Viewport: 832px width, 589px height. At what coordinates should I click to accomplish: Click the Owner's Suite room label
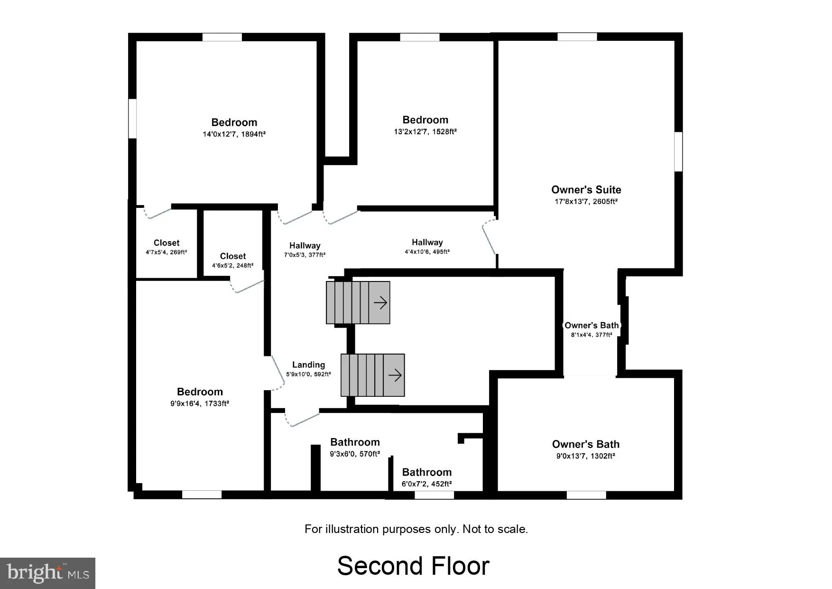(x=586, y=190)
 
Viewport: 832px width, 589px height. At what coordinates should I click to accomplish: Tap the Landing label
(x=308, y=365)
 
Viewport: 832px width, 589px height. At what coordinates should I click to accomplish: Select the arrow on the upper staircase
(x=380, y=302)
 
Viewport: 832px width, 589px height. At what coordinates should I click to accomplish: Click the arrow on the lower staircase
(x=395, y=375)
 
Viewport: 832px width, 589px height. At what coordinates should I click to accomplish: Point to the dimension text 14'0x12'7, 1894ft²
(x=234, y=134)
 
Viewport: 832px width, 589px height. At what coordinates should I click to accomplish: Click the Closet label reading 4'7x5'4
(x=166, y=243)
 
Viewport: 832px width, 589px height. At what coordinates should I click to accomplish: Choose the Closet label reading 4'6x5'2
(x=232, y=256)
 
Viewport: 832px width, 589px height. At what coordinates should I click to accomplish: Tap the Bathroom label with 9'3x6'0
(x=355, y=442)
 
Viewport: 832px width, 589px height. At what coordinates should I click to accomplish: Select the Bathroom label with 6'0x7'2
(x=426, y=472)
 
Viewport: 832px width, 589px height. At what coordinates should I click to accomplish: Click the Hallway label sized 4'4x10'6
(x=427, y=243)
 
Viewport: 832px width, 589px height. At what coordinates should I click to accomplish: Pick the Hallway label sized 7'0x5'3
(x=305, y=245)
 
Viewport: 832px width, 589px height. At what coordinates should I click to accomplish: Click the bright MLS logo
(x=48, y=573)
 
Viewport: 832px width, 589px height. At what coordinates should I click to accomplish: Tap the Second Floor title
(x=413, y=566)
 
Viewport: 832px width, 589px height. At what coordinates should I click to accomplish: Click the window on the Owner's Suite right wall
(x=678, y=151)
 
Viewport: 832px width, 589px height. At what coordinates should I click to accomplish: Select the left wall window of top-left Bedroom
(x=133, y=119)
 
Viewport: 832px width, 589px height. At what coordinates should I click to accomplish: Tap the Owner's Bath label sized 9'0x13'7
(x=586, y=445)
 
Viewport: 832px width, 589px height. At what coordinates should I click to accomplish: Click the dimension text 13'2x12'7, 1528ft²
(x=425, y=132)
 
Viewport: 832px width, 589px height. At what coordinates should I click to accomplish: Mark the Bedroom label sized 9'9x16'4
(x=200, y=392)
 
